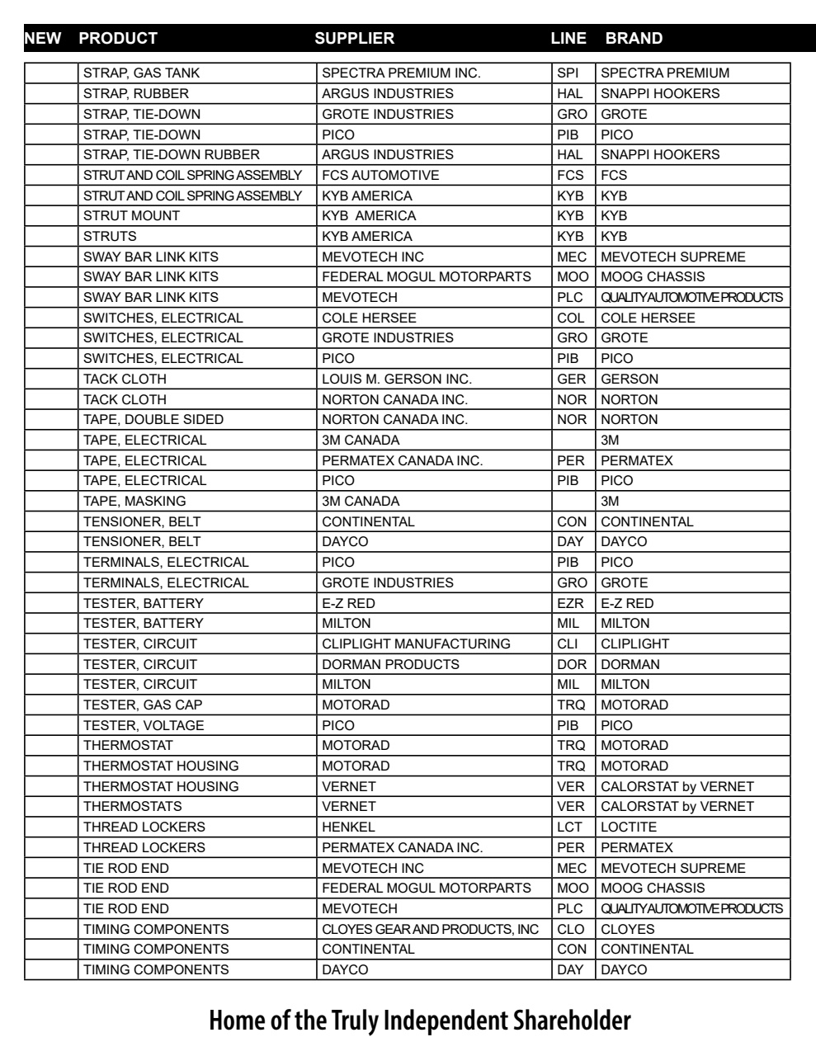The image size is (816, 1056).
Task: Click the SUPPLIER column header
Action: (355, 38)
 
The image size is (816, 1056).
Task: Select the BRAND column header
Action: (634, 38)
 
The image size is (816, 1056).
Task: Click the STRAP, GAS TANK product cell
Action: (142, 73)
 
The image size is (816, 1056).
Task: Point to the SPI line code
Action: (568, 73)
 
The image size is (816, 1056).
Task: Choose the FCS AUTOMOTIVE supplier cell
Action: (380, 175)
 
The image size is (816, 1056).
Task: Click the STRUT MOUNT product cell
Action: (132, 216)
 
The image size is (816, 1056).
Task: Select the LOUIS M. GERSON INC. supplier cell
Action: (397, 379)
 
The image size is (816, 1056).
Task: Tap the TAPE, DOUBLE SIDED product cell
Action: (153, 420)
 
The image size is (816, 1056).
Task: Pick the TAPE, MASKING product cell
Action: (134, 502)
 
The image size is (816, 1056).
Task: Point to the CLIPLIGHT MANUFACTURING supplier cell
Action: (416, 644)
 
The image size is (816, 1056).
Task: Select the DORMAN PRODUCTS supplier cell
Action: (390, 664)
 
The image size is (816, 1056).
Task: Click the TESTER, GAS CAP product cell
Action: (143, 705)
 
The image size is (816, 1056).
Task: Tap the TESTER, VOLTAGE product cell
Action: (144, 726)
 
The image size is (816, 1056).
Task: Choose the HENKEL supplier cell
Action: (348, 827)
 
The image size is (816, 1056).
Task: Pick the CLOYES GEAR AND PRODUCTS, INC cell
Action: (430, 930)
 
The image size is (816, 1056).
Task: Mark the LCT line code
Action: (569, 827)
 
